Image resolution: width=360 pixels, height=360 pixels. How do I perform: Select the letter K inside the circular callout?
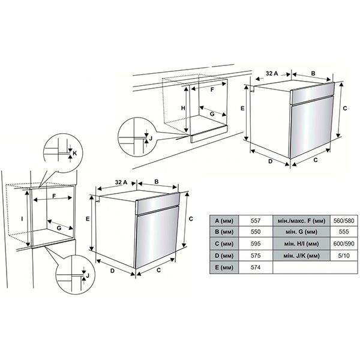tap(74, 154)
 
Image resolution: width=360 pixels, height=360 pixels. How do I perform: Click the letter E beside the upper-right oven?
tap(242, 109)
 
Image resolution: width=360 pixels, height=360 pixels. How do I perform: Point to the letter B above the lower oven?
tap(155, 181)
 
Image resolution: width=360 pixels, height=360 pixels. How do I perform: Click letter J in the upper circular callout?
tap(150, 138)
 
